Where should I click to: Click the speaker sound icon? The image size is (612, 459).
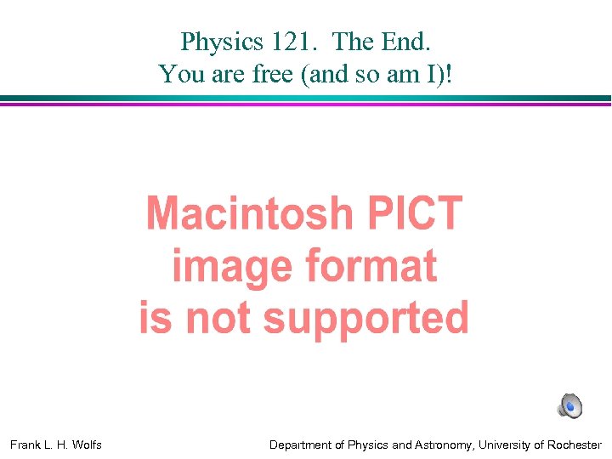point(569,406)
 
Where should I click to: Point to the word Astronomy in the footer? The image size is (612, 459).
point(439,445)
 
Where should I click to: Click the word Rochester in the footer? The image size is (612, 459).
point(573,445)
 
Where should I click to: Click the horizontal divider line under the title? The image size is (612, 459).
point(306,100)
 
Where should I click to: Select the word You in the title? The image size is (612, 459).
point(176,74)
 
